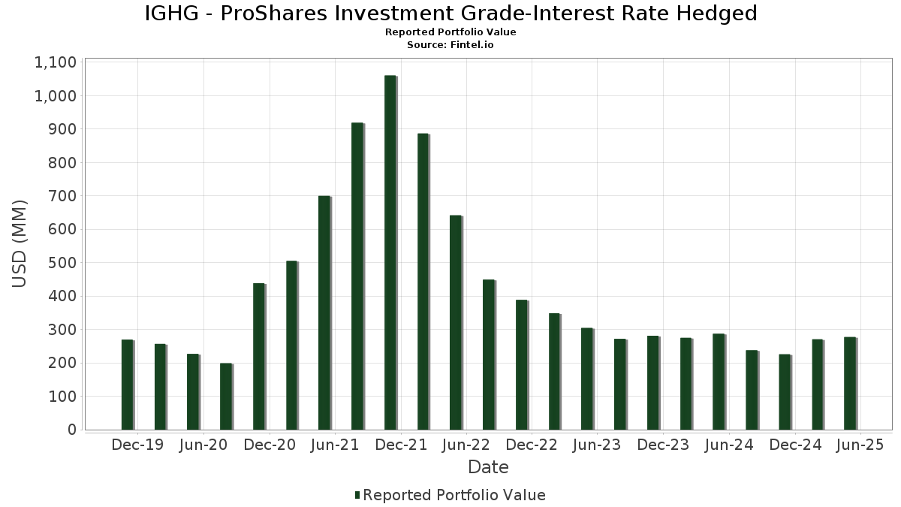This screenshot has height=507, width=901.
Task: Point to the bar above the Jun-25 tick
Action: pyautogui.click(x=849, y=383)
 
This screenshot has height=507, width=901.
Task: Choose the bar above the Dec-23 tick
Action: pyautogui.click(x=652, y=383)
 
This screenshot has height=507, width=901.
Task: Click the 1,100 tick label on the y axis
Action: pyautogui.click(x=56, y=62)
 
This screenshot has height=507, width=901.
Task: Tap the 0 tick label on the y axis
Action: pyautogui.click(x=72, y=430)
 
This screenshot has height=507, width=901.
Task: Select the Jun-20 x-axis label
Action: pyautogui.click(x=203, y=445)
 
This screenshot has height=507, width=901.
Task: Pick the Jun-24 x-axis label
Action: pyautogui.click(x=728, y=445)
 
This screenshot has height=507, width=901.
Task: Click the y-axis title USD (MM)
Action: pyautogui.click(x=20, y=244)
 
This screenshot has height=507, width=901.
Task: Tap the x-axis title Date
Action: pyautogui.click(x=488, y=467)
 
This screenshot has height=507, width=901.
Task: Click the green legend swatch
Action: pyautogui.click(x=357, y=495)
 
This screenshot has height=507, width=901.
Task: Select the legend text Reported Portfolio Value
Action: pyautogui.click(x=454, y=495)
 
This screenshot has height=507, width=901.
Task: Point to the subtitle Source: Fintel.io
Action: pyautogui.click(x=450, y=44)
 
